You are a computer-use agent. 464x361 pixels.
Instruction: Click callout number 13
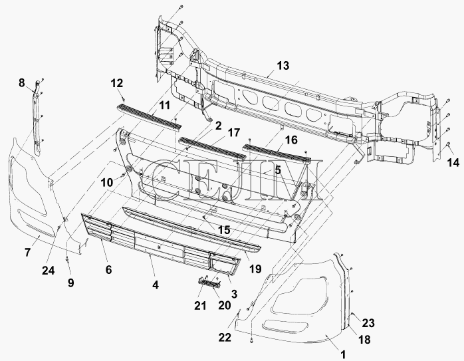pos(283,66)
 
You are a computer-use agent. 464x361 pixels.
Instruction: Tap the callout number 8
pos(21,83)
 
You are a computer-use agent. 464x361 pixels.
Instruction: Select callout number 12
pos(117,84)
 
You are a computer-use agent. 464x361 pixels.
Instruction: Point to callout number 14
pos(453,162)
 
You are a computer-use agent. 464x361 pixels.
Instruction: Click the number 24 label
pos(49,270)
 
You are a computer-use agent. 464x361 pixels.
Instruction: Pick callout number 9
pos(70,283)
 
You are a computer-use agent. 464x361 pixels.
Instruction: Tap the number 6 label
pos(108,269)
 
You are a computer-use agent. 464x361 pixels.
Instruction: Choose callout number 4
pos(156,285)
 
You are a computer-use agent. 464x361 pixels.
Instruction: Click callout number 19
pos(255,269)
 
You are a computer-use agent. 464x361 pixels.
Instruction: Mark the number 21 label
pos(200,305)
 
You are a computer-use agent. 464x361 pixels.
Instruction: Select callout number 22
pos(224,337)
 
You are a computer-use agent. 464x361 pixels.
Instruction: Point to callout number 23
pos(368,323)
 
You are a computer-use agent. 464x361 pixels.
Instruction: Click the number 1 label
pos(342,354)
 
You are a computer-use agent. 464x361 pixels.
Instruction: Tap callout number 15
pos(224,230)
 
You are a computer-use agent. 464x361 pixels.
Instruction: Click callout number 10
pos(107,183)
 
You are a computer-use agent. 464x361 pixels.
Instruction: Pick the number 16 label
pos(291,140)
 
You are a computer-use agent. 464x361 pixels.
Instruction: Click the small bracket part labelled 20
pos(209,283)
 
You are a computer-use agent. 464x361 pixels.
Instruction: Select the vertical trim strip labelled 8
pos(38,118)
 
